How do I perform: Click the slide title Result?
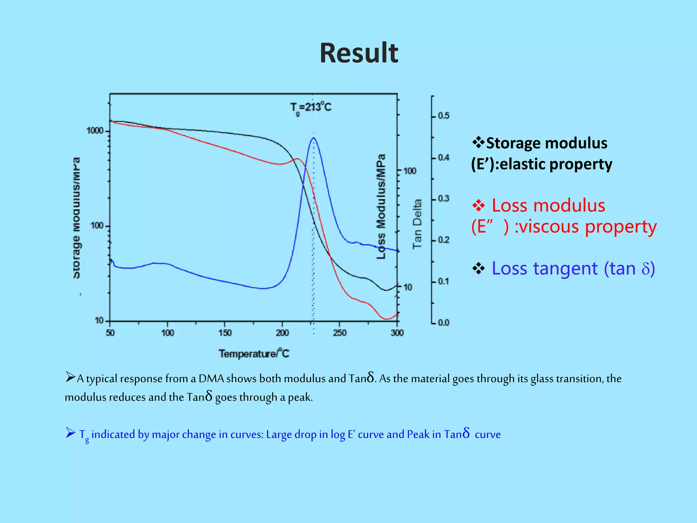coord(359,53)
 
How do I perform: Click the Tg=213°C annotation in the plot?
coord(310,108)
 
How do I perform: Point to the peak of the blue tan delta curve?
coord(313,138)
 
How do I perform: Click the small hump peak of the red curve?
coord(297,159)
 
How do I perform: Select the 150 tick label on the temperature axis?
coord(225,333)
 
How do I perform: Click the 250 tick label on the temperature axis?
coord(340,333)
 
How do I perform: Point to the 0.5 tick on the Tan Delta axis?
coord(443,116)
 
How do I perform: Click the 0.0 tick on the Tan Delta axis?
coord(443,322)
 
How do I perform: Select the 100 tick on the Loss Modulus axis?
coord(410,171)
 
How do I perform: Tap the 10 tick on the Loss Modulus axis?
coord(408,287)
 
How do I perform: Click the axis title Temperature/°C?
coord(254,353)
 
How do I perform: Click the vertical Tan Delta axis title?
coord(417,224)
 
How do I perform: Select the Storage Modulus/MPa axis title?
coord(77,218)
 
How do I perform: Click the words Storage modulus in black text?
coord(547,143)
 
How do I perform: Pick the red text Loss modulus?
coord(548,206)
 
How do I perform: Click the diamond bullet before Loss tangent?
coord(479,269)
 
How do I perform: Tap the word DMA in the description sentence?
coord(211,379)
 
